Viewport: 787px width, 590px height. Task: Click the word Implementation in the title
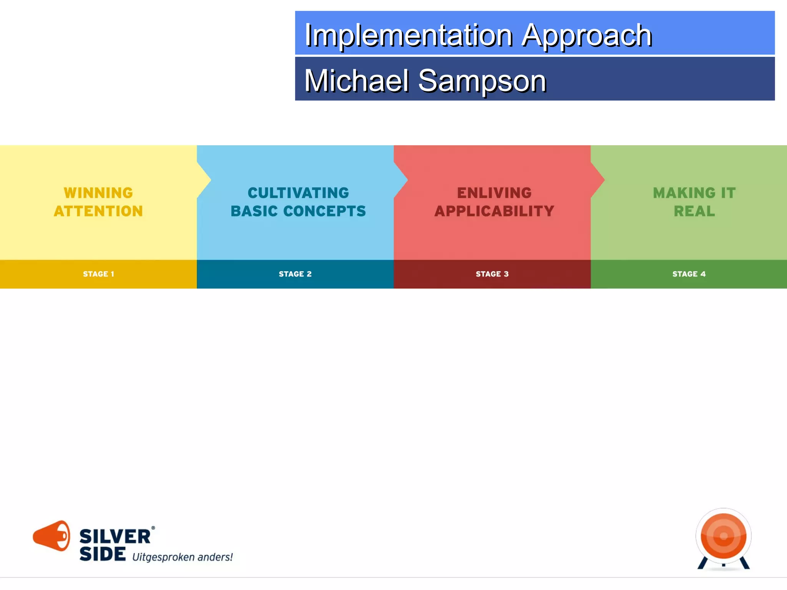click(x=408, y=35)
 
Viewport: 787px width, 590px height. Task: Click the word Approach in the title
click(x=586, y=35)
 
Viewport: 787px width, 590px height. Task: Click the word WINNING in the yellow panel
click(x=98, y=193)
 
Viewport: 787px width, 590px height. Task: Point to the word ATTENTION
click(x=98, y=211)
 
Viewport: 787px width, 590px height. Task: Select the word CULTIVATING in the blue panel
click(x=298, y=193)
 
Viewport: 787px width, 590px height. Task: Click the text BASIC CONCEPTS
click(x=298, y=211)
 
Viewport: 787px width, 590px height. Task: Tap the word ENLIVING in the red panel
click(x=494, y=193)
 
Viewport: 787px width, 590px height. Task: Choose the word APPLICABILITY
click(x=494, y=211)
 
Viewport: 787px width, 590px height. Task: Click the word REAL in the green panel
click(x=694, y=211)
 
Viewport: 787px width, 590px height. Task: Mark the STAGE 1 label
click(x=98, y=274)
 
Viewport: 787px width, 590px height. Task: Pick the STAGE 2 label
click(x=295, y=274)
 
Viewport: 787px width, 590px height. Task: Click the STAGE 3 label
click(x=492, y=274)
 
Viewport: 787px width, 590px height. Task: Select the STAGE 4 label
click(x=689, y=274)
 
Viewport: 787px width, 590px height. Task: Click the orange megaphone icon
click(x=52, y=535)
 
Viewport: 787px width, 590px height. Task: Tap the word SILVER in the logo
click(x=115, y=537)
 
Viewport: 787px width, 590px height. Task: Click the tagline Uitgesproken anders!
click(x=182, y=557)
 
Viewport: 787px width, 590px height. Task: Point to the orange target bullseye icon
click(x=723, y=536)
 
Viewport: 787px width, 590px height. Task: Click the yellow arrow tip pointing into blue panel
click(x=206, y=179)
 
